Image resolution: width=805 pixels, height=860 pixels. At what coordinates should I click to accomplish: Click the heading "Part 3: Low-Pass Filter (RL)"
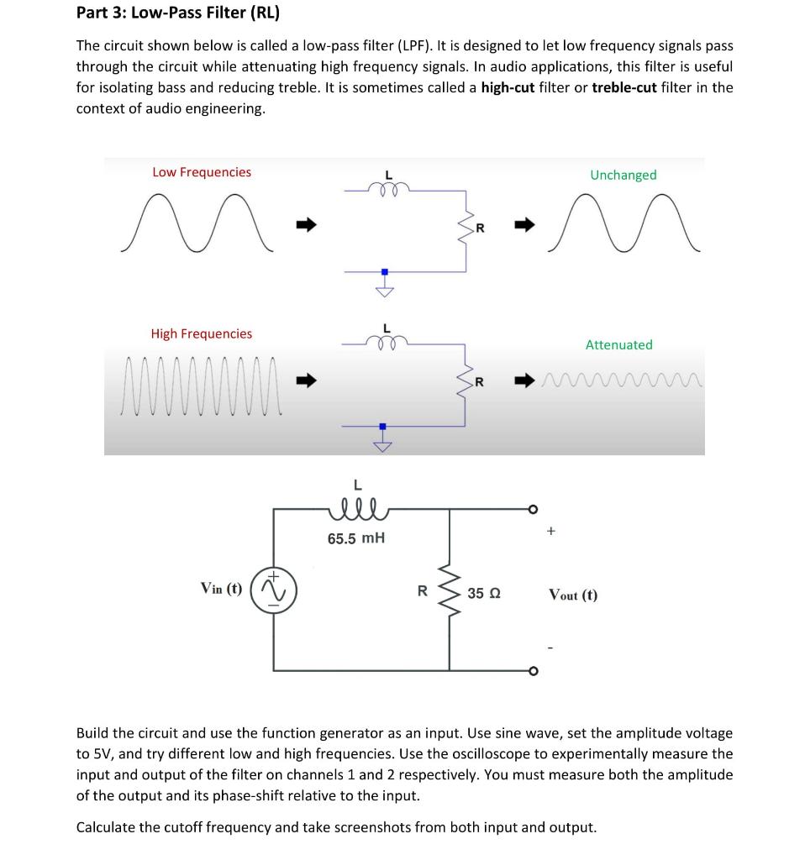[x=177, y=13]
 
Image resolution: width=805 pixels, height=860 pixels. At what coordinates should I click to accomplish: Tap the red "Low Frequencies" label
[x=202, y=172]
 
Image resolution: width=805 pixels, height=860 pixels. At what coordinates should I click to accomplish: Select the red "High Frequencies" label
[x=202, y=333]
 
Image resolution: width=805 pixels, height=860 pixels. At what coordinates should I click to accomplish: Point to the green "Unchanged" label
[x=623, y=175]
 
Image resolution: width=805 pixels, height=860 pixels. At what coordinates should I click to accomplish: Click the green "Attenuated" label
[x=618, y=344]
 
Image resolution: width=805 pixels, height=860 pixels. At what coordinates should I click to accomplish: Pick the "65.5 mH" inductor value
[x=356, y=538]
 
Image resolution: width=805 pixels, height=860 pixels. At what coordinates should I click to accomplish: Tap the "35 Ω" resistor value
[x=484, y=594]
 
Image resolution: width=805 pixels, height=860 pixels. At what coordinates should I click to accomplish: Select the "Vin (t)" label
[x=222, y=588]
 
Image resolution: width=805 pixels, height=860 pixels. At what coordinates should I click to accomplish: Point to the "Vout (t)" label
[x=573, y=595]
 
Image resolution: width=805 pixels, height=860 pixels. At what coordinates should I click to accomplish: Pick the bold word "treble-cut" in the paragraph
[x=626, y=87]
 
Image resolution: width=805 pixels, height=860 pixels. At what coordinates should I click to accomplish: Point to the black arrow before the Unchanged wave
[x=524, y=224]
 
